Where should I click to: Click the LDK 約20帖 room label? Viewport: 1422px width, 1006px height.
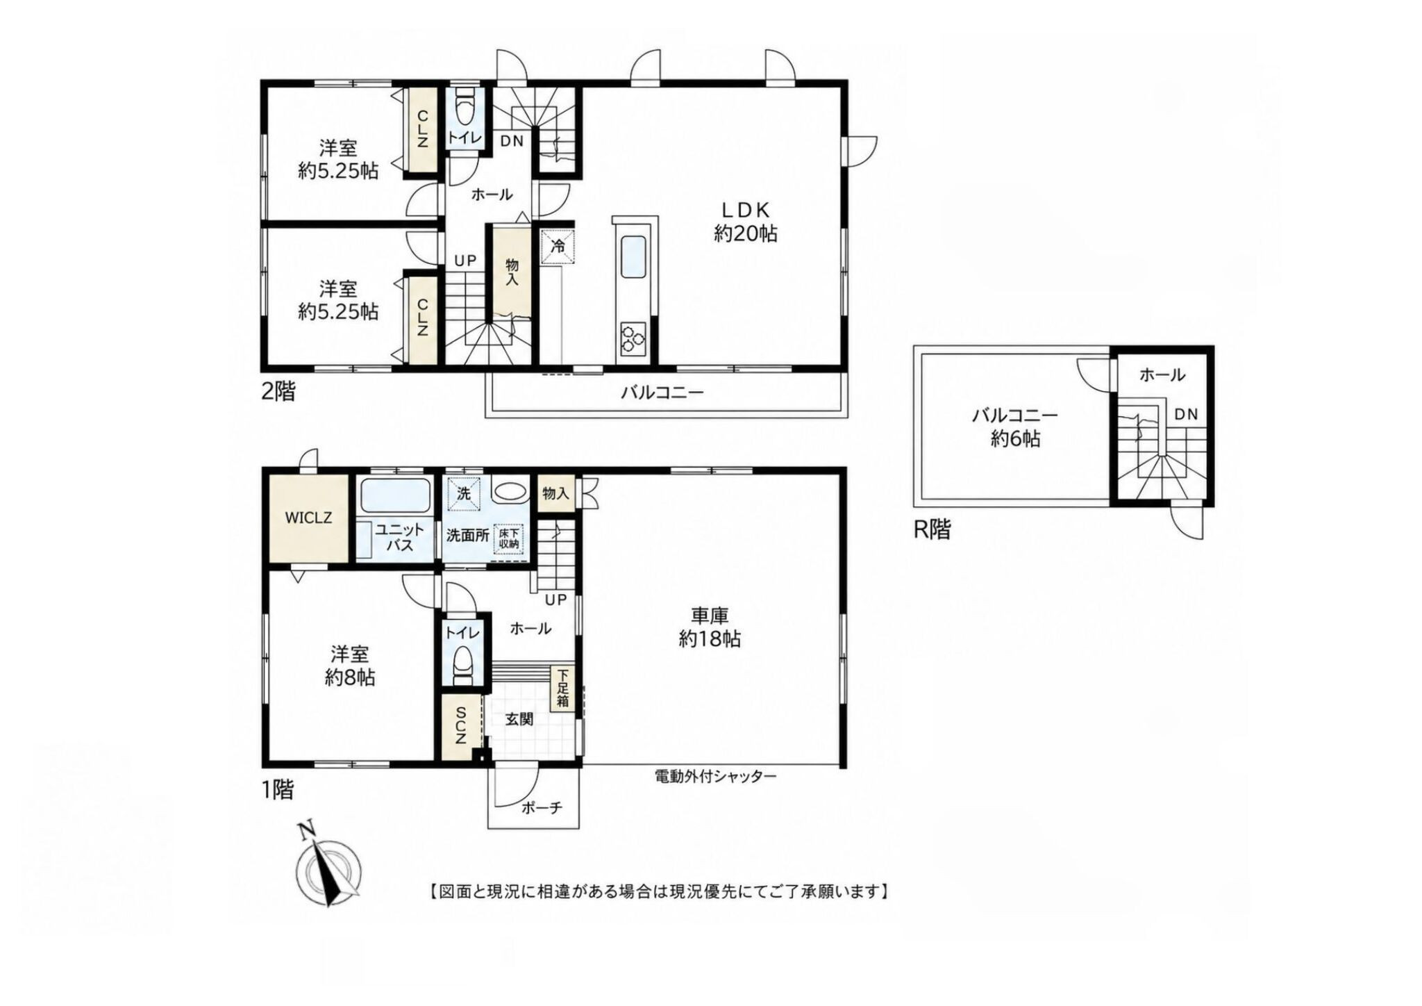click(x=746, y=221)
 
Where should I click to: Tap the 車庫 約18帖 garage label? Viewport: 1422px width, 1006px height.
click(x=710, y=627)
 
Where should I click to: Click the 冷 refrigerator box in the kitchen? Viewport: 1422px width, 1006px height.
click(x=558, y=245)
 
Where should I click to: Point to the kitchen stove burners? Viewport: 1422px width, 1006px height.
click(x=631, y=338)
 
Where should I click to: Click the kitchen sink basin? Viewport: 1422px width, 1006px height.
click(x=631, y=258)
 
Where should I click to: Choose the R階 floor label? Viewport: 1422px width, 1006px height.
click(x=932, y=530)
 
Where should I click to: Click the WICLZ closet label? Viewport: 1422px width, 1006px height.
click(x=308, y=518)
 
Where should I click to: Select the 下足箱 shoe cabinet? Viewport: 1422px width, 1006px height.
click(x=562, y=688)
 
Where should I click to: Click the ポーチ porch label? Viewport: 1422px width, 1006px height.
click(x=541, y=808)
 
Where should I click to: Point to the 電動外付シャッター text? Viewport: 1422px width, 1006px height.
click(x=716, y=776)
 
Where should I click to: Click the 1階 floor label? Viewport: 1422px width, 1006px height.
click(x=277, y=790)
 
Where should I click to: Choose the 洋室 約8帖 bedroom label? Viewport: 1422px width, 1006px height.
click(x=350, y=666)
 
